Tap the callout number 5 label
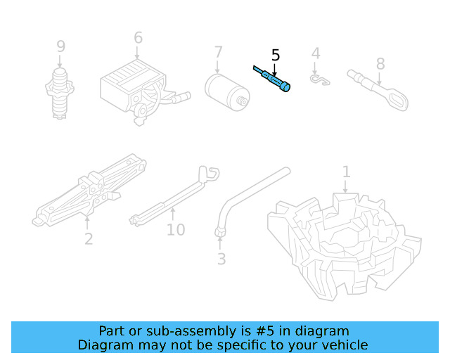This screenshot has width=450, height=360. tap(275, 55)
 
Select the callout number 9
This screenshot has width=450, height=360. tap(61, 46)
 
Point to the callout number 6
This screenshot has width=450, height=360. tap(138, 38)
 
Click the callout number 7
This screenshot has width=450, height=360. tap(218, 52)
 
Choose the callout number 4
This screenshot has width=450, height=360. tap(316, 53)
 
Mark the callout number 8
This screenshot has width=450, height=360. tap(380, 64)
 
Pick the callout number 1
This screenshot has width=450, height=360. tap(346, 172)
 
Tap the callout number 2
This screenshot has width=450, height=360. tap(88, 239)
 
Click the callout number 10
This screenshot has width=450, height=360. tap(176, 230)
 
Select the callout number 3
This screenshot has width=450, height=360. tap(221, 259)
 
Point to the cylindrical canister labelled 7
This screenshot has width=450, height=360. tap(227, 90)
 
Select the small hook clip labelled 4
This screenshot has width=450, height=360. tap(321, 79)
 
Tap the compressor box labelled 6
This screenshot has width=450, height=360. tap(134, 88)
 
